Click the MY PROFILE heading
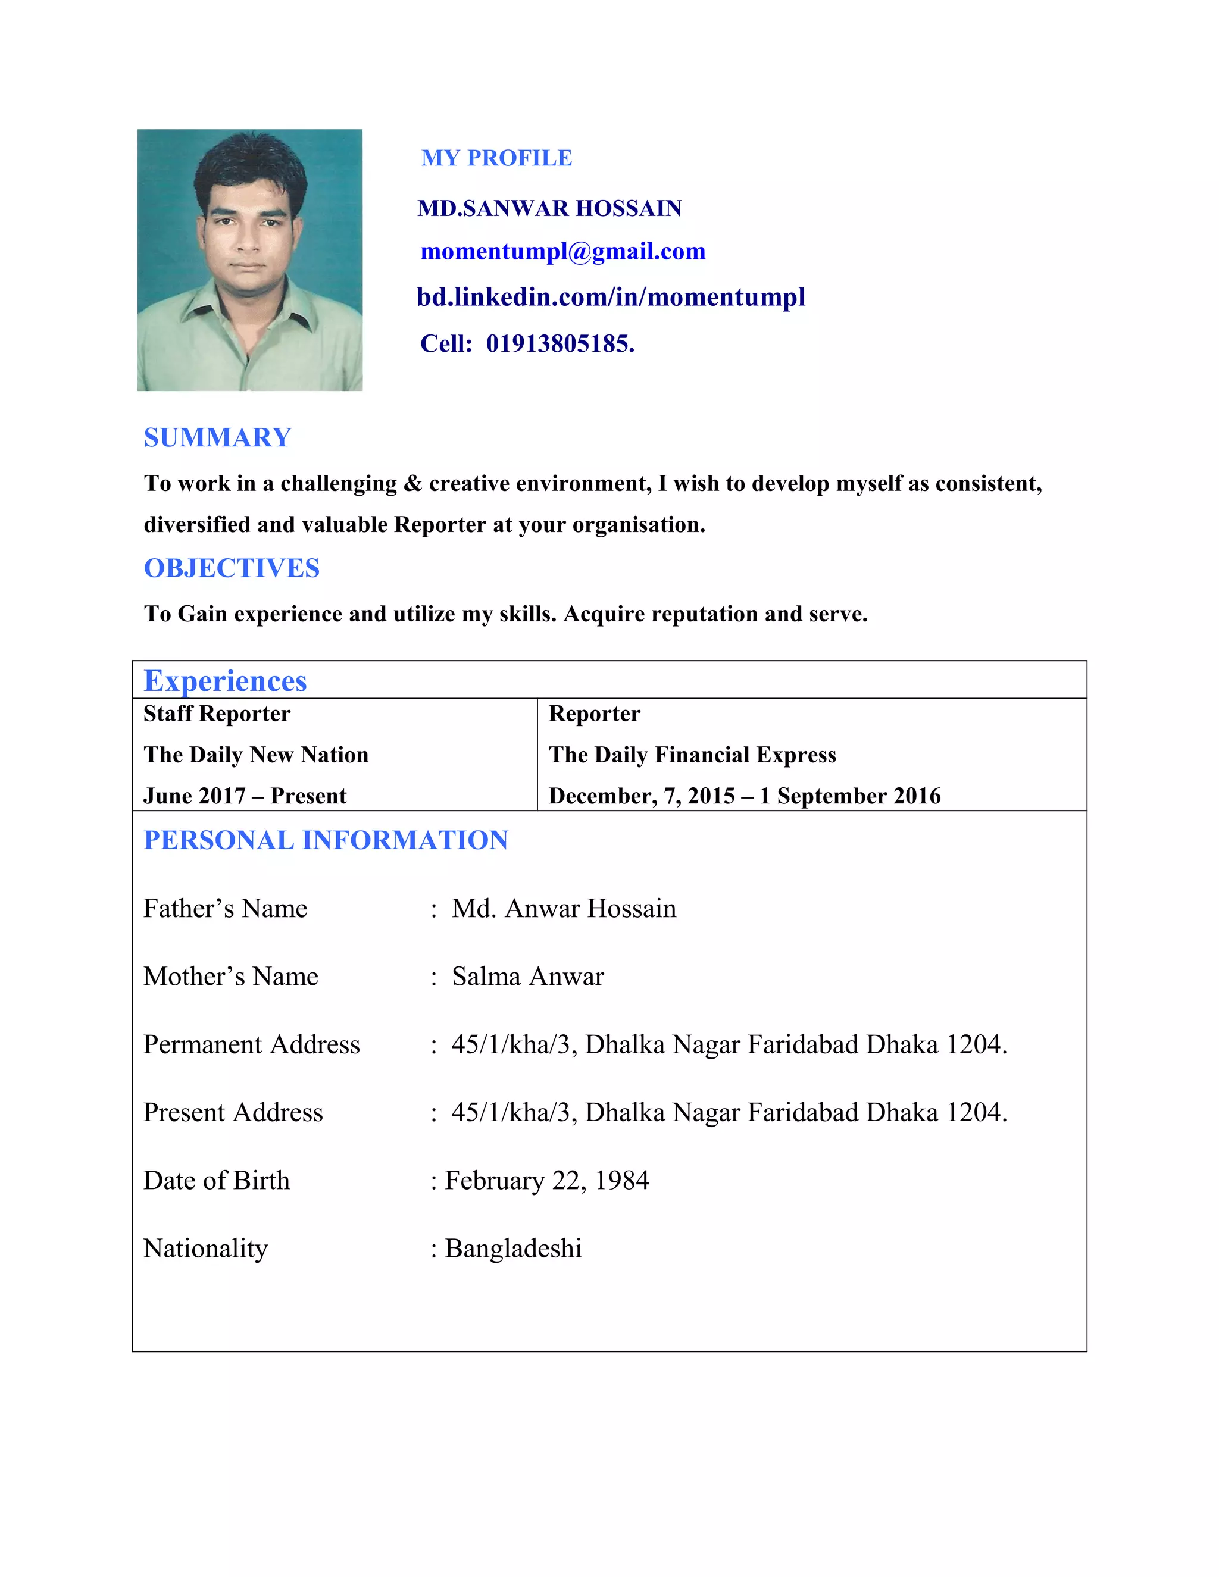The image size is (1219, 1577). (496, 158)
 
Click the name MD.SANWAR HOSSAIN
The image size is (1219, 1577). (549, 209)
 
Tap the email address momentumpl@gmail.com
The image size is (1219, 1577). (562, 251)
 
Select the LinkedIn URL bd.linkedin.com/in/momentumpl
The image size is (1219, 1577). (610, 297)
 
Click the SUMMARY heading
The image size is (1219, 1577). (217, 437)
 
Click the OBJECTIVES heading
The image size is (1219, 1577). (231, 568)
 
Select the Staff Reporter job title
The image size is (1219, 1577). (217, 714)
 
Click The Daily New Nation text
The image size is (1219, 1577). (255, 755)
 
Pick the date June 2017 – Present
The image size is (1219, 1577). (245, 796)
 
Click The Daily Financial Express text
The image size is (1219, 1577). (692, 755)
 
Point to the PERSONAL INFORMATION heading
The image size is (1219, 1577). (326, 840)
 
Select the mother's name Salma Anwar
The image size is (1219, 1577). (527, 976)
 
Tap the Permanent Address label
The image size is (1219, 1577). (251, 1045)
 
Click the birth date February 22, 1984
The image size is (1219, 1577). (546, 1181)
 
